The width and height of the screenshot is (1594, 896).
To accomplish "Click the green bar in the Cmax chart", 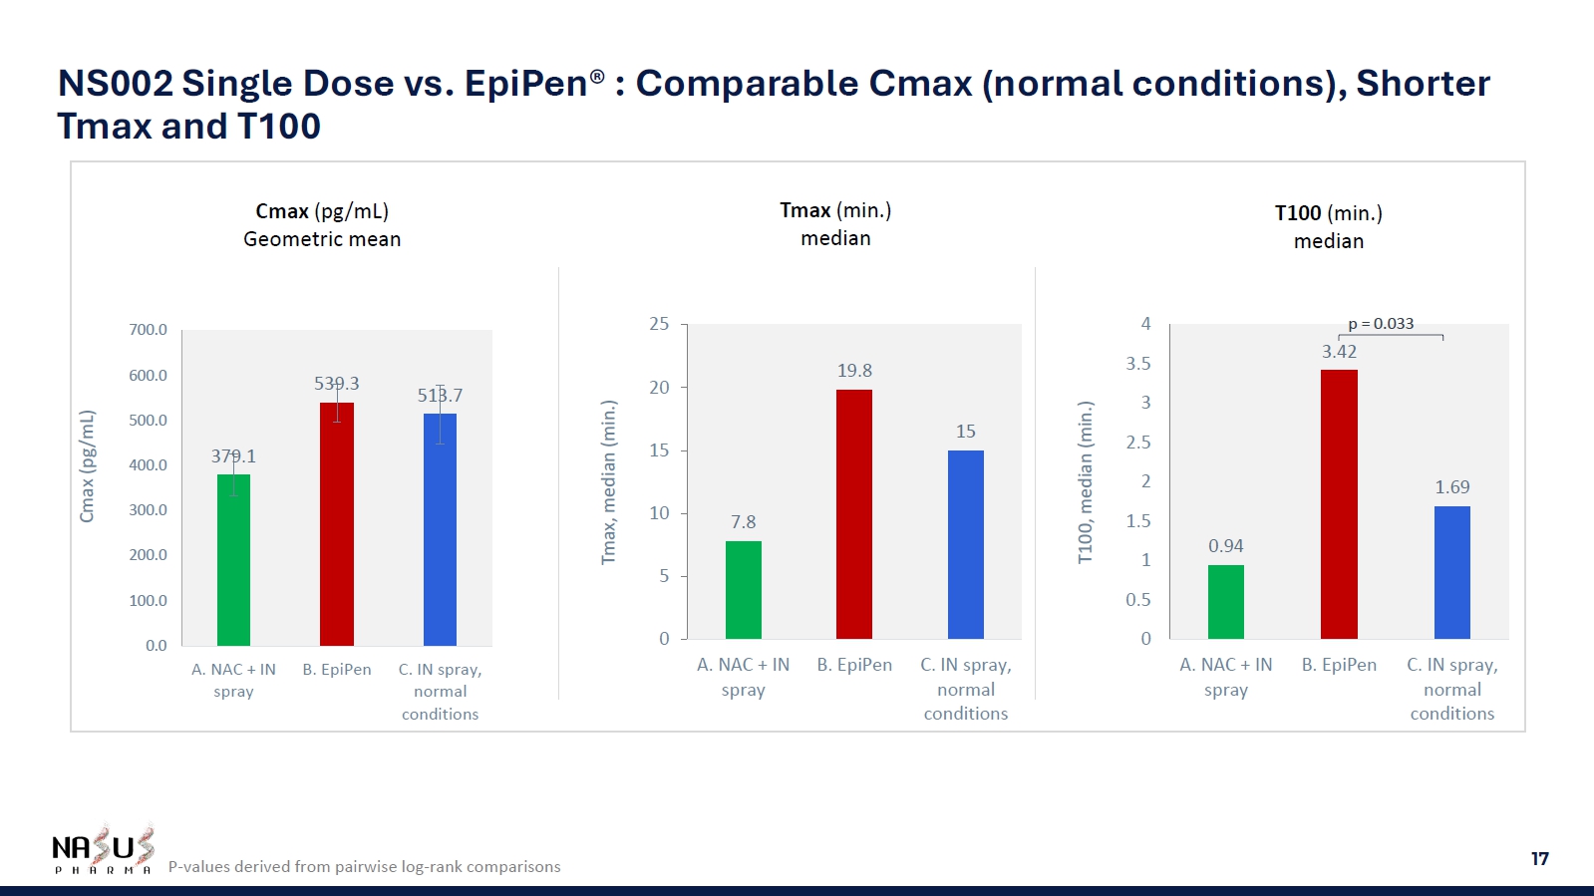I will tap(233, 560).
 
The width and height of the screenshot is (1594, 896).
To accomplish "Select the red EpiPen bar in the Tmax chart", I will tap(854, 514).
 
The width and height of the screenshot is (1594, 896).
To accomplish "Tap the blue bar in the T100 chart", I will tap(1451, 572).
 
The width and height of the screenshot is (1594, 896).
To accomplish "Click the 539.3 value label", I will tap(337, 384).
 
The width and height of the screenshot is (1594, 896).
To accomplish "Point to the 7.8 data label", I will tap(744, 522).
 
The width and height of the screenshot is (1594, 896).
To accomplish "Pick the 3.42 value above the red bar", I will tap(1339, 352).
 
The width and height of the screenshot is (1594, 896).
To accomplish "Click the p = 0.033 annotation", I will tap(1381, 324).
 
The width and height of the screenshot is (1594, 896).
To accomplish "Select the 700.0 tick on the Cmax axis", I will tap(149, 330).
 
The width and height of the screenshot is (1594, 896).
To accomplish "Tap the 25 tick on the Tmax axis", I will tap(659, 324).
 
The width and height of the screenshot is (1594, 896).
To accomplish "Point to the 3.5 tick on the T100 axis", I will tap(1138, 364).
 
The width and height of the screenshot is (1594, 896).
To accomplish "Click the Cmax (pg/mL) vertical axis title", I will tap(88, 466).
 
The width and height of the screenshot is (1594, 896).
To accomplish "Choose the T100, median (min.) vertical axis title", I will tap(1086, 482).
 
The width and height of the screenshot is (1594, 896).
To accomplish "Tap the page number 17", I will tap(1539, 859).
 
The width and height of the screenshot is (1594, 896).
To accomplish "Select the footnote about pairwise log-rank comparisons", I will tap(364, 867).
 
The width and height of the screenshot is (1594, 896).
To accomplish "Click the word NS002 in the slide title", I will tap(116, 84).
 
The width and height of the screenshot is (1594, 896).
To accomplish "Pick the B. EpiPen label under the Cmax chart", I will tap(337, 670).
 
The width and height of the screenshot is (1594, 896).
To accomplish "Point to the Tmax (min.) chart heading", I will tap(835, 211).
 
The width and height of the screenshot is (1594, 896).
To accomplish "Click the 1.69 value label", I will tap(1451, 487).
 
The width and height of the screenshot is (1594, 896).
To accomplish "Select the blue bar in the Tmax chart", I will tap(965, 544).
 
